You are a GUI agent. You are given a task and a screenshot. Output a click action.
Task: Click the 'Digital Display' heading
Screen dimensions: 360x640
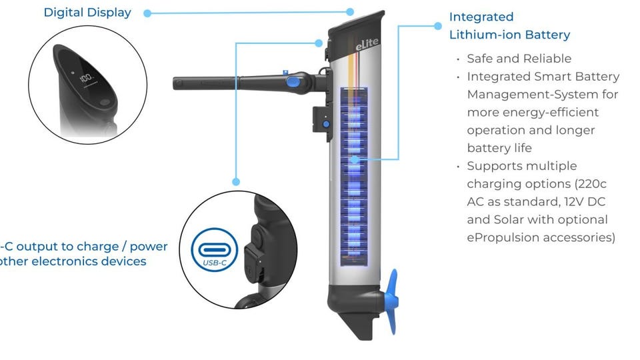pyautogui.click(x=87, y=13)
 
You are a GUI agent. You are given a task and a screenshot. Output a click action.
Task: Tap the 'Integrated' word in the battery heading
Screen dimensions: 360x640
pyautogui.click(x=481, y=17)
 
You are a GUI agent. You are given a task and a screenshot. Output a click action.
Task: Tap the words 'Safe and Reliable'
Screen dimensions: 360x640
pyautogui.click(x=519, y=59)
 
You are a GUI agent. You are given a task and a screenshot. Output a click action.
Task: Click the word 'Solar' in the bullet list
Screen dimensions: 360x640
pyautogui.click(x=506, y=219)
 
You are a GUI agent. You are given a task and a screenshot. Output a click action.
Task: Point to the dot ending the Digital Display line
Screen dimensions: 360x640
pyautogui.click(x=350, y=11)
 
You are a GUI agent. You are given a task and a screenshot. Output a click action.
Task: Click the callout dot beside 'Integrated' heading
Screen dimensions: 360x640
pyautogui.click(x=438, y=26)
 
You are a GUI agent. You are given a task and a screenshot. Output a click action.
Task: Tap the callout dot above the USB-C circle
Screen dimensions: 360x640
pyautogui.click(x=235, y=181)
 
